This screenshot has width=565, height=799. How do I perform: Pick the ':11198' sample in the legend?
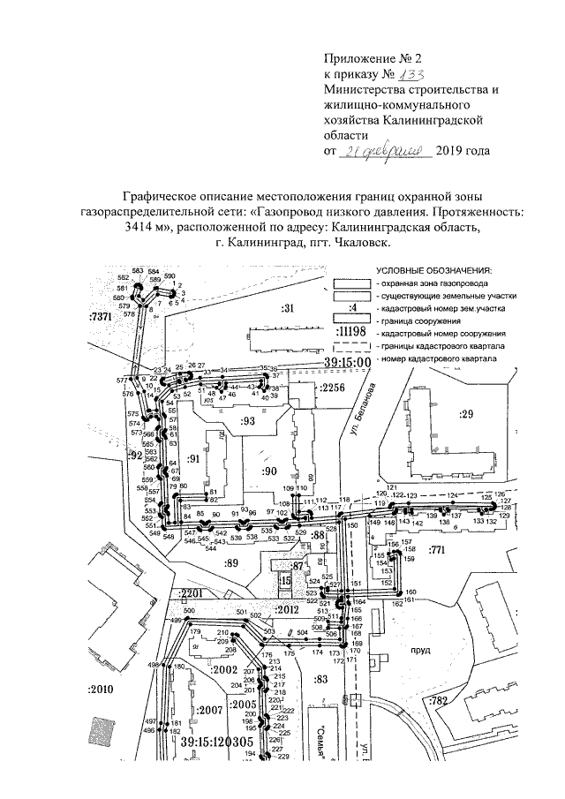[x=351, y=331]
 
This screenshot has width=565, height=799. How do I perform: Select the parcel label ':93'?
[x=246, y=422]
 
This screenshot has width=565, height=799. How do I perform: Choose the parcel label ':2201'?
[x=192, y=593]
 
